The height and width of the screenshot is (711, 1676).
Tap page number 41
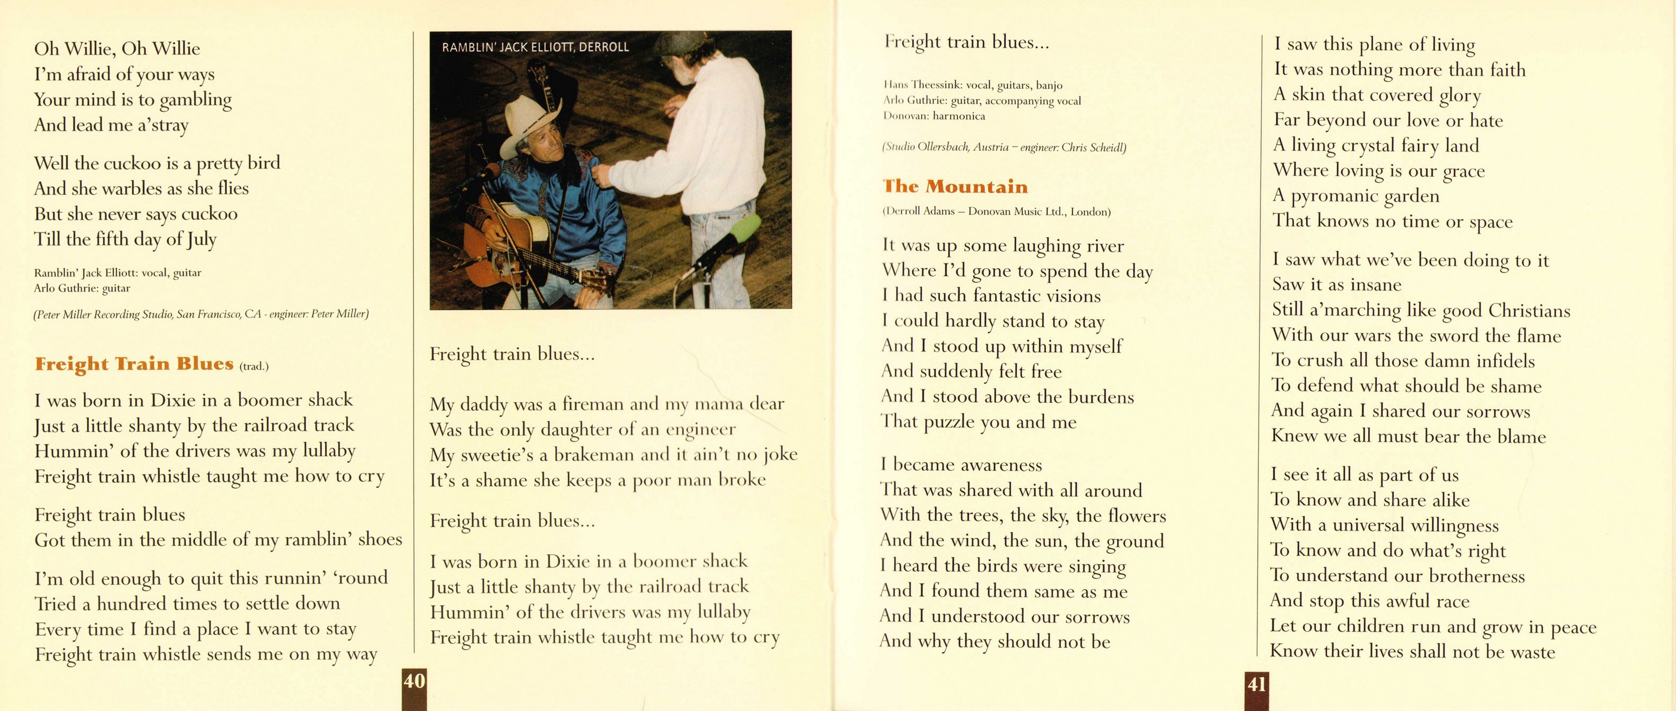click(1256, 684)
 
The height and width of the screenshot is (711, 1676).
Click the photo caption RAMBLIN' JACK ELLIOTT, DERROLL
click(535, 47)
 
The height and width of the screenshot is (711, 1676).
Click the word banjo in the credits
click(1049, 85)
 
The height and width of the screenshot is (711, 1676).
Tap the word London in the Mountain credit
click(1089, 211)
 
